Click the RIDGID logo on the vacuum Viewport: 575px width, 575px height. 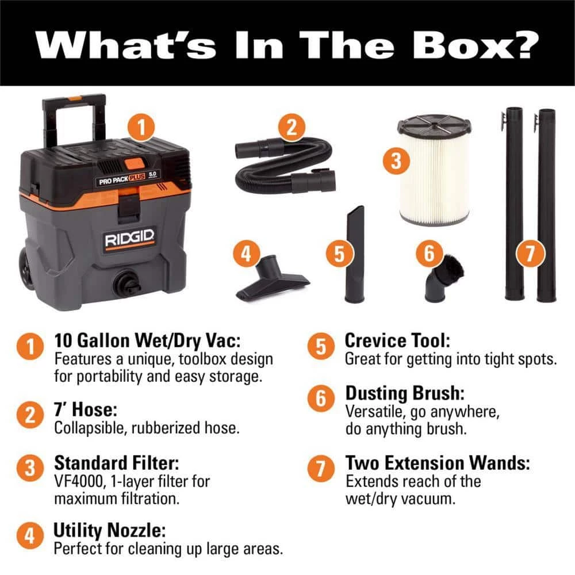click(129, 239)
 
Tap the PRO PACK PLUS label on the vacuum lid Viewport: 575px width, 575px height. click(122, 179)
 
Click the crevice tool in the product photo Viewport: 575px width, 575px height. click(355, 254)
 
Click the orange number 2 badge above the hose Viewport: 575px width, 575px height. click(292, 127)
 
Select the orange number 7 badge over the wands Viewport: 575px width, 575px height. click(530, 253)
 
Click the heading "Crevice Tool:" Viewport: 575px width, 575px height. click(397, 340)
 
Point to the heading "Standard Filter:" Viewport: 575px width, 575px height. click(117, 462)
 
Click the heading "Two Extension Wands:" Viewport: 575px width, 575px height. click(438, 462)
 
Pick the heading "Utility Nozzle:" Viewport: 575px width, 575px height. click(109, 530)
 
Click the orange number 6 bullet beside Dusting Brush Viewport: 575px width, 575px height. click(321, 398)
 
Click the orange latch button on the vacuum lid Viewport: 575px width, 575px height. click(134, 163)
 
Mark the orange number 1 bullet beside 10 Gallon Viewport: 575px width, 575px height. click(30, 347)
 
